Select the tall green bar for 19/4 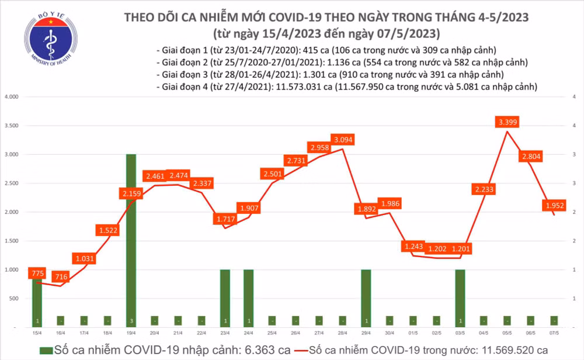(131, 240)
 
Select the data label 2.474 (178, 175)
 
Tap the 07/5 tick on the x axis (553, 333)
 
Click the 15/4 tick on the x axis (37, 333)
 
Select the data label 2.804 (530, 156)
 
